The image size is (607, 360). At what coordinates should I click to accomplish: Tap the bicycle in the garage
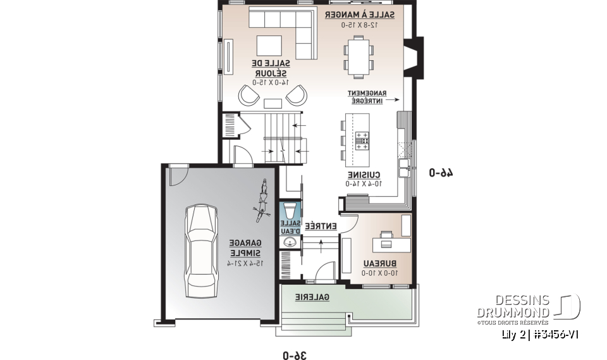[261, 201]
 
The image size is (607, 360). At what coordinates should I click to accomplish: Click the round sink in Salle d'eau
[290, 243]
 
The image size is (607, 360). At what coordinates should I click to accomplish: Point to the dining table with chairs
[359, 54]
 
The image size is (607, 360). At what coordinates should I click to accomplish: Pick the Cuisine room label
[363, 175]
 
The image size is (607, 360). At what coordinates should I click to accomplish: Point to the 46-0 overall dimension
[442, 172]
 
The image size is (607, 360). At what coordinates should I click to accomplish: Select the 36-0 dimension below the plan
[295, 355]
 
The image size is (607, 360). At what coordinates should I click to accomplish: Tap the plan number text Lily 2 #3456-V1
[539, 335]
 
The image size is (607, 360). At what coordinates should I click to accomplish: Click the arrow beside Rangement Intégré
[393, 99]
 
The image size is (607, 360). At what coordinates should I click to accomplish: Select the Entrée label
[321, 227]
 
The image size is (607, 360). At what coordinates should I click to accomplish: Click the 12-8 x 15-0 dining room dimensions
[360, 25]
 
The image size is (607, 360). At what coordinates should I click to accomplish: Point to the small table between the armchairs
[273, 103]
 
